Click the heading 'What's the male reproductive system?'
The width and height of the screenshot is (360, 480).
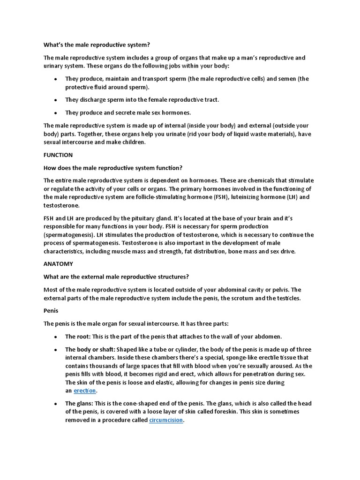pyautogui.click(x=96, y=45)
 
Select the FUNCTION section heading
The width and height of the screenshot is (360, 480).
pyautogui.click(x=58, y=155)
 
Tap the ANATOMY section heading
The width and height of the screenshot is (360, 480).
pyautogui.click(x=58, y=264)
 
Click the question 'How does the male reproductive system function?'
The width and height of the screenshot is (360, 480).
pyautogui.click(x=112, y=168)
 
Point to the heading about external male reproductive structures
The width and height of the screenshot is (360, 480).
pyautogui.click(x=116, y=277)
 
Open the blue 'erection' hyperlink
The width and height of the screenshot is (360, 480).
pyautogui.click(x=85, y=390)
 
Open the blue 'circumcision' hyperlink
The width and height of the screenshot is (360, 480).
pyautogui.click(x=166, y=420)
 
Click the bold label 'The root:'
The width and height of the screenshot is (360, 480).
pyautogui.click(x=78, y=337)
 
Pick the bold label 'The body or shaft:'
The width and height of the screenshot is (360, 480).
pyautogui.click(x=90, y=350)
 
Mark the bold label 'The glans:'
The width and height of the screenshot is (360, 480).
pyautogui.click(x=79, y=404)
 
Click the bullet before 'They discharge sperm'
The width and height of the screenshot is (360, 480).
pyautogui.click(x=56, y=100)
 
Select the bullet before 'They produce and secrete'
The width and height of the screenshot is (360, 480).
pyautogui.click(x=56, y=113)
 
